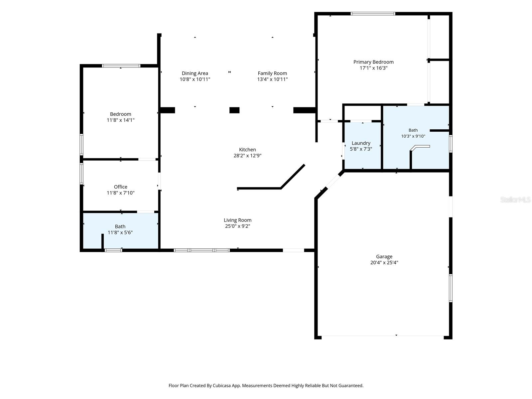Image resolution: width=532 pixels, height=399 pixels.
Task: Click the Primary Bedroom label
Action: tap(373, 62)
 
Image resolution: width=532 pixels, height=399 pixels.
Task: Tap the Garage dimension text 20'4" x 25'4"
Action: tap(384, 262)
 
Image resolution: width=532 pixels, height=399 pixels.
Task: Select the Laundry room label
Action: tap(361, 143)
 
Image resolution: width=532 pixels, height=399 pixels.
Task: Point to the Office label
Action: tap(120, 187)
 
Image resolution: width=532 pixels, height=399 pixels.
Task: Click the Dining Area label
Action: tap(195, 73)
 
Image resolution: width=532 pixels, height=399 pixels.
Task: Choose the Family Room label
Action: tap(272, 73)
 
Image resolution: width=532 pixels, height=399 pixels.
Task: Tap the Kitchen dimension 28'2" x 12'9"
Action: tap(247, 156)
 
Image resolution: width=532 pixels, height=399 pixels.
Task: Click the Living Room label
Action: tap(237, 220)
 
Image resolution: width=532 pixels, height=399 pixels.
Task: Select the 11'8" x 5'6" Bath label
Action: tap(120, 229)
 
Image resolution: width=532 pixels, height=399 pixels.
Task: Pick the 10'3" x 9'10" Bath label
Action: tap(413, 133)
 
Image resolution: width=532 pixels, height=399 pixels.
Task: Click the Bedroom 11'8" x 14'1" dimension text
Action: tap(120, 120)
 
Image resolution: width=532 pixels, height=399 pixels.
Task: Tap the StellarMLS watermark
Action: tap(515, 199)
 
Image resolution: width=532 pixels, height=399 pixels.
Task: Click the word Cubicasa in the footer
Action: tap(221, 385)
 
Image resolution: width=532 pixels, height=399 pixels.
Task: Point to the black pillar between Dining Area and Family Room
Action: tap(234, 110)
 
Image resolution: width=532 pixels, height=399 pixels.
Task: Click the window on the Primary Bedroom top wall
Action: tap(373, 14)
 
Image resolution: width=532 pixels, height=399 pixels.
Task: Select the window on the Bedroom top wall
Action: tap(121, 66)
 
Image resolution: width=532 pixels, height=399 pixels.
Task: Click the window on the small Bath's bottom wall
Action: tap(113, 250)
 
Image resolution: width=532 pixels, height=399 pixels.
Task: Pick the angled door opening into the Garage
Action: tap(333, 182)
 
